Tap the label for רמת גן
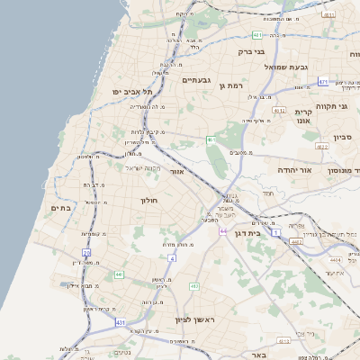232,85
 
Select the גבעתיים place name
196,80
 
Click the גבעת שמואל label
286,67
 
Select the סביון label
342,138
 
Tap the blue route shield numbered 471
322,81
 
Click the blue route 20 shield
87,254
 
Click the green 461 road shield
210,139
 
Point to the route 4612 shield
322,145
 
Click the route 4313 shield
283,340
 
